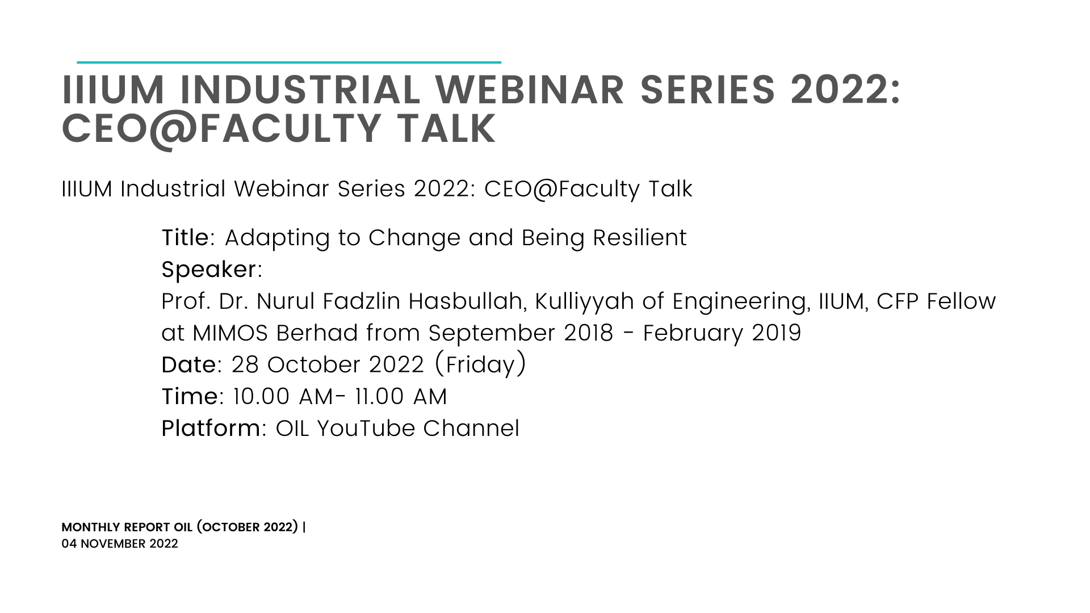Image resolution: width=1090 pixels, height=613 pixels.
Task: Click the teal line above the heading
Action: click(289, 62)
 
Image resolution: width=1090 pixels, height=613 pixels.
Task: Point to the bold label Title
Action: click(186, 238)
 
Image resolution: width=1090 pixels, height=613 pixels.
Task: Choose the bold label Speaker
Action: click(209, 270)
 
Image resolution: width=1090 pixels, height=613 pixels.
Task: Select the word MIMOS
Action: click(230, 333)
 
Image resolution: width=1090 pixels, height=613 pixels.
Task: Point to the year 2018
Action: click(589, 333)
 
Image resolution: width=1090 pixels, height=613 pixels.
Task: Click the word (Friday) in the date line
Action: click(480, 364)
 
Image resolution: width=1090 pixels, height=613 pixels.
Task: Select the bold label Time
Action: click(190, 397)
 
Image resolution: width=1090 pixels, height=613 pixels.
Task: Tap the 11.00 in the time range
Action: click(380, 397)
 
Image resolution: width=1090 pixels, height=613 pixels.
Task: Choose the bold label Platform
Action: click(211, 429)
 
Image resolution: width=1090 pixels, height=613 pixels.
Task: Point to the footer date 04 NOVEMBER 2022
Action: click(120, 544)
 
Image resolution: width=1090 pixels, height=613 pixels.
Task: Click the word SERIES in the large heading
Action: click(708, 90)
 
